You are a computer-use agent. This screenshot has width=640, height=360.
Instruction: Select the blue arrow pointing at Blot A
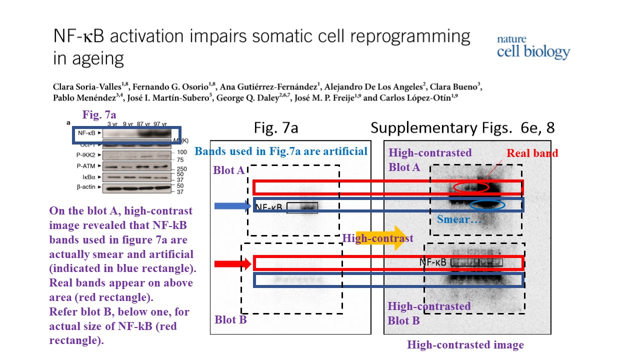click(232, 205)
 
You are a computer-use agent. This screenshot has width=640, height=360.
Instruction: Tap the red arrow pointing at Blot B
click(232, 263)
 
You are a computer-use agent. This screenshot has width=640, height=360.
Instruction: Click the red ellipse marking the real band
click(471, 187)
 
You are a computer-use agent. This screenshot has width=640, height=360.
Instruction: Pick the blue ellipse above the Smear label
click(487, 204)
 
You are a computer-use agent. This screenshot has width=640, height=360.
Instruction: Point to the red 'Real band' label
click(532, 153)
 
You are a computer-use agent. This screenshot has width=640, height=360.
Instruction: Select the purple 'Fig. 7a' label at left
click(99, 115)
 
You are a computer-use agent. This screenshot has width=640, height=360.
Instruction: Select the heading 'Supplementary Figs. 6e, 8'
click(462, 128)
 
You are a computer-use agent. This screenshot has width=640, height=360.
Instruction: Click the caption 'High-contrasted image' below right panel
click(465, 344)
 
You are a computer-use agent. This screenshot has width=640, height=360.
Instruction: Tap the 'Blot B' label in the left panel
click(230, 319)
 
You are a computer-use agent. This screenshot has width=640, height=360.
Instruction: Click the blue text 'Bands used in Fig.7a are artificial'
click(281, 151)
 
